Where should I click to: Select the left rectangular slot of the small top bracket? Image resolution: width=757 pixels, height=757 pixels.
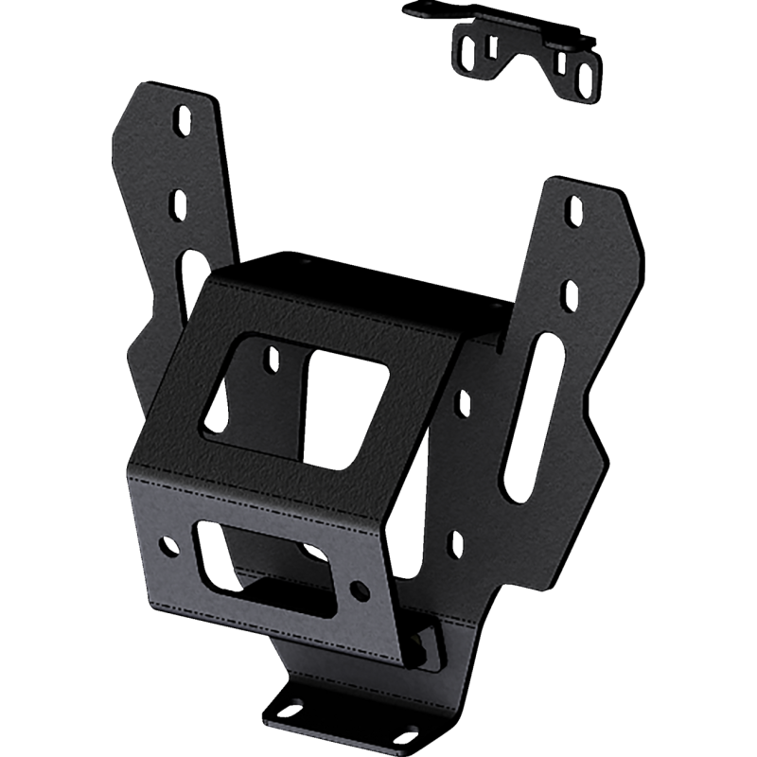coord(490,47)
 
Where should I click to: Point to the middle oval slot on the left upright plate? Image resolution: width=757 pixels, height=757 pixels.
coord(177,203)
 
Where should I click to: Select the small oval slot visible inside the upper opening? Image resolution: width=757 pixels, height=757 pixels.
coord(273,359)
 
